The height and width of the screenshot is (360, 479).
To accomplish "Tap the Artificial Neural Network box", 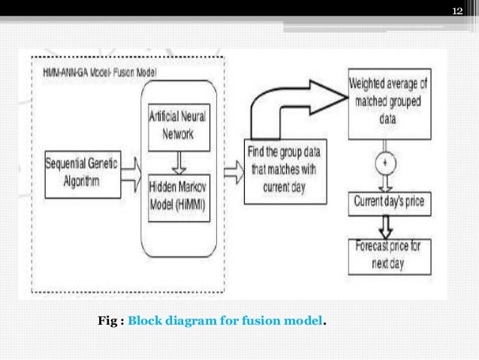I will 178,125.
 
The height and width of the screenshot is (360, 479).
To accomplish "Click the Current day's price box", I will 387,202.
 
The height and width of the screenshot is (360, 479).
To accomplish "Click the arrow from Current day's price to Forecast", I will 387,224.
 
